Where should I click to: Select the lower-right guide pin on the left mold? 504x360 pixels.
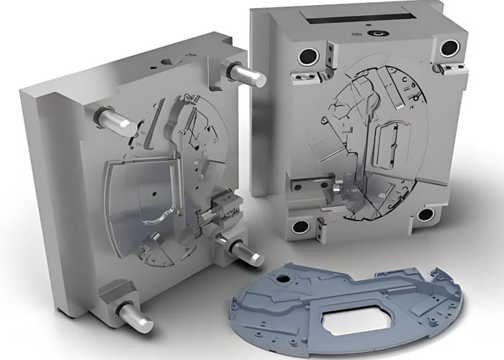248,252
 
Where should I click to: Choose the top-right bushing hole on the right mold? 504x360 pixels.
449,48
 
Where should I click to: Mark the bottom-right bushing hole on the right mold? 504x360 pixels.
426,214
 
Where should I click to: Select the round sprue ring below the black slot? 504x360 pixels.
376,33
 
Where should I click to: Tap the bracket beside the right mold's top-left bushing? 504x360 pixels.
329,54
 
